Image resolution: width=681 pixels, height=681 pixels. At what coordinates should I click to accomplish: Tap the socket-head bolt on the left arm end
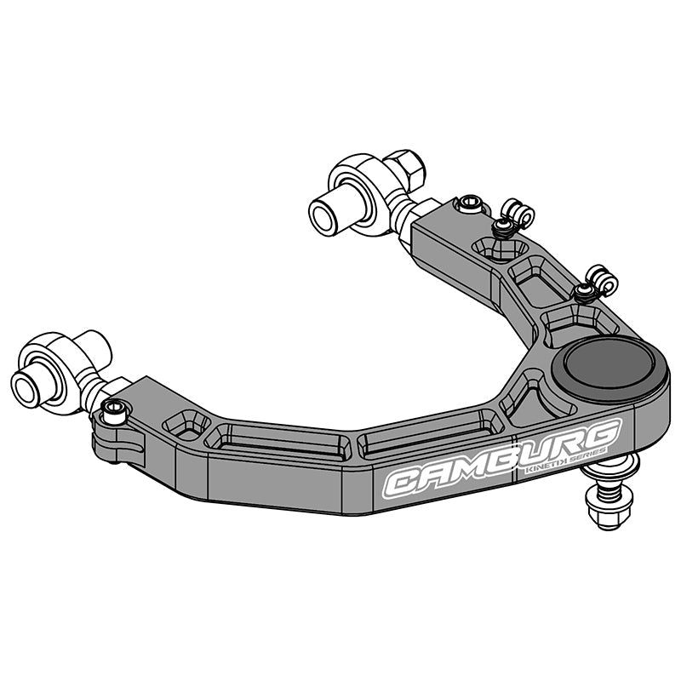(x=113, y=413)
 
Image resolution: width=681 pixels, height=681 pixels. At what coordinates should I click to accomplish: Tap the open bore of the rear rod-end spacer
(x=323, y=214)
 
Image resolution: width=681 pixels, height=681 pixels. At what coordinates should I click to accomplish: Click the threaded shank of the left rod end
(x=92, y=393)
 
